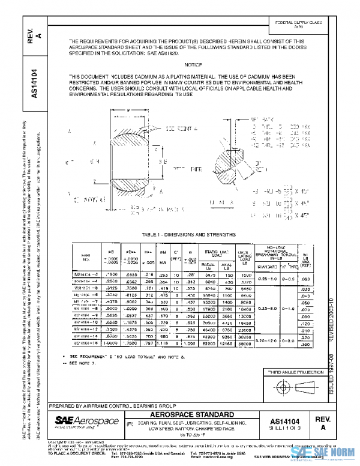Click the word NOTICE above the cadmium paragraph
[x=193, y=64]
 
